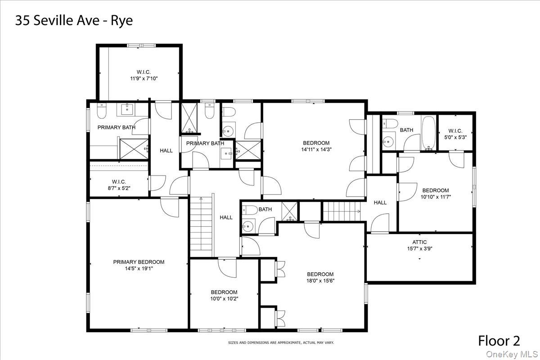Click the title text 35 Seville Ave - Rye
74,21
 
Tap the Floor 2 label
499,341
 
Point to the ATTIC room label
419,242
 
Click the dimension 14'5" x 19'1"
139,268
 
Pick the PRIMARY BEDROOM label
139,262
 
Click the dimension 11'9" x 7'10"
144,78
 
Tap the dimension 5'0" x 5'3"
455,137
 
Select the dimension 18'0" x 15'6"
320,281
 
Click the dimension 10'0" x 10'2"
224,298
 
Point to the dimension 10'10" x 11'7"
436,197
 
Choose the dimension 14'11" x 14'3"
316,149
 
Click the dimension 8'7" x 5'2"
119,188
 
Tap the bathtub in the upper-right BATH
429,133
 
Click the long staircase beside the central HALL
201,227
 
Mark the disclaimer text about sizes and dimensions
281,342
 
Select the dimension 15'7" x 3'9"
420,248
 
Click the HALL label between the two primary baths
166,151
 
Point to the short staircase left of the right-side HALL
342,211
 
